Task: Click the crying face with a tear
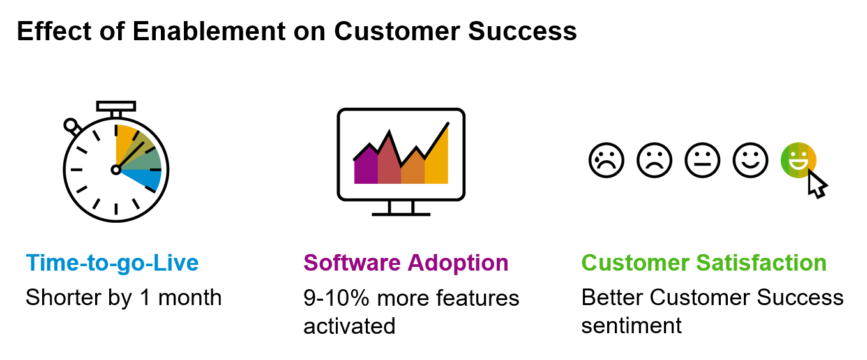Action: point(606,160)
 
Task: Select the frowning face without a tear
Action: point(654,160)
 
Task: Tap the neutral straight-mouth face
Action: point(702,160)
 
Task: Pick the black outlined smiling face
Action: point(750,160)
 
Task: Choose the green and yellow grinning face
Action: point(798,160)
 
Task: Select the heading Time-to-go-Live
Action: point(112,262)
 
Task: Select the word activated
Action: point(349,326)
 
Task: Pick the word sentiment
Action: point(631,326)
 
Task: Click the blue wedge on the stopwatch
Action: point(146,179)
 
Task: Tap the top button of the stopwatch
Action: point(116,105)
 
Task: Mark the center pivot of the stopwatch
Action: point(116,170)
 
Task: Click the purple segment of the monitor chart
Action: point(366,167)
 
